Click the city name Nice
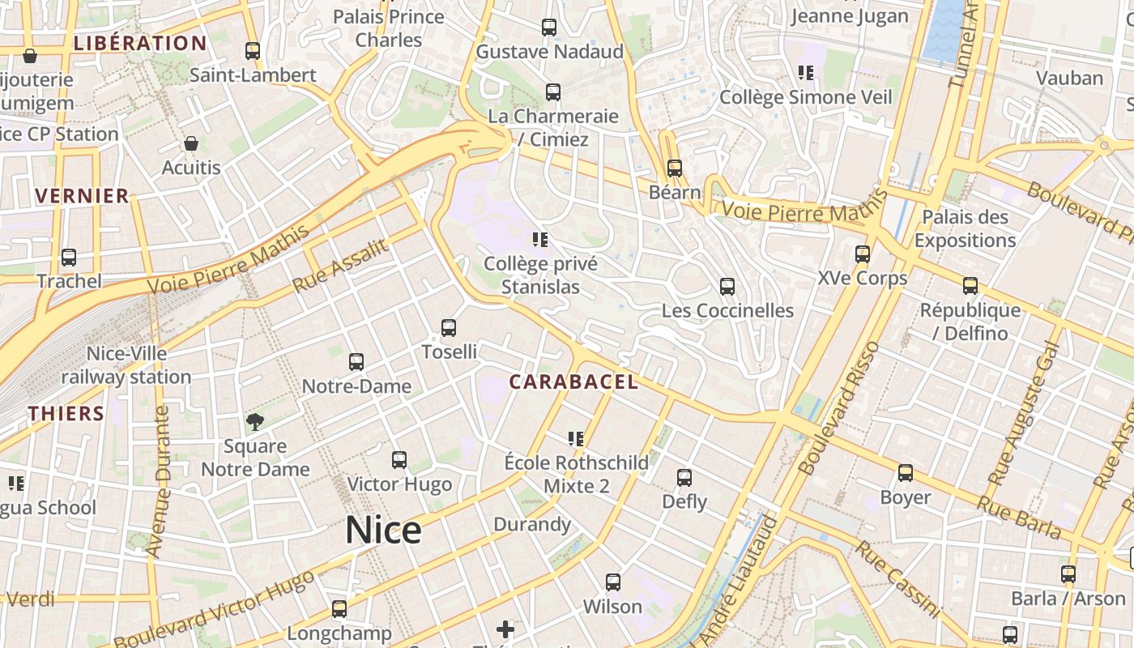pos(383,531)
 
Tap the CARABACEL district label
pos(573,382)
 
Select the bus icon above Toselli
pos(449,328)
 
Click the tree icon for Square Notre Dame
pos(255,422)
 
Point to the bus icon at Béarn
pos(675,168)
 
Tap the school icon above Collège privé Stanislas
pos(540,240)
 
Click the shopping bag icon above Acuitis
pos(191,144)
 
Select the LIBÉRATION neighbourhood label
pos(140,43)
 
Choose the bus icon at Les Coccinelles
pos(727,287)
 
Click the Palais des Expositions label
pos(965,228)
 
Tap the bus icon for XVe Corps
pos(863,254)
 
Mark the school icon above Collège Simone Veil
pos(805,73)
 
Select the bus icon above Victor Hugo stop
pos(399,460)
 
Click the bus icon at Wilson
pos(613,582)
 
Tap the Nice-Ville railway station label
pos(126,365)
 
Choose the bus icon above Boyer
pos(906,473)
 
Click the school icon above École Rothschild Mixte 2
pos(576,439)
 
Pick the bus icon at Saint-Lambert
pos(253,51)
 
